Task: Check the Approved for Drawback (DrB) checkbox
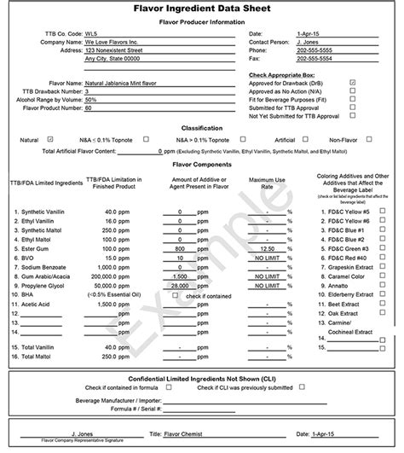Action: (353, 83)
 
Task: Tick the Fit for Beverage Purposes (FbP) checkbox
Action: (353, 99)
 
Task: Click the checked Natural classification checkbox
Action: (51, 138)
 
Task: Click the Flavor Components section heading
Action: (201, 164)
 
